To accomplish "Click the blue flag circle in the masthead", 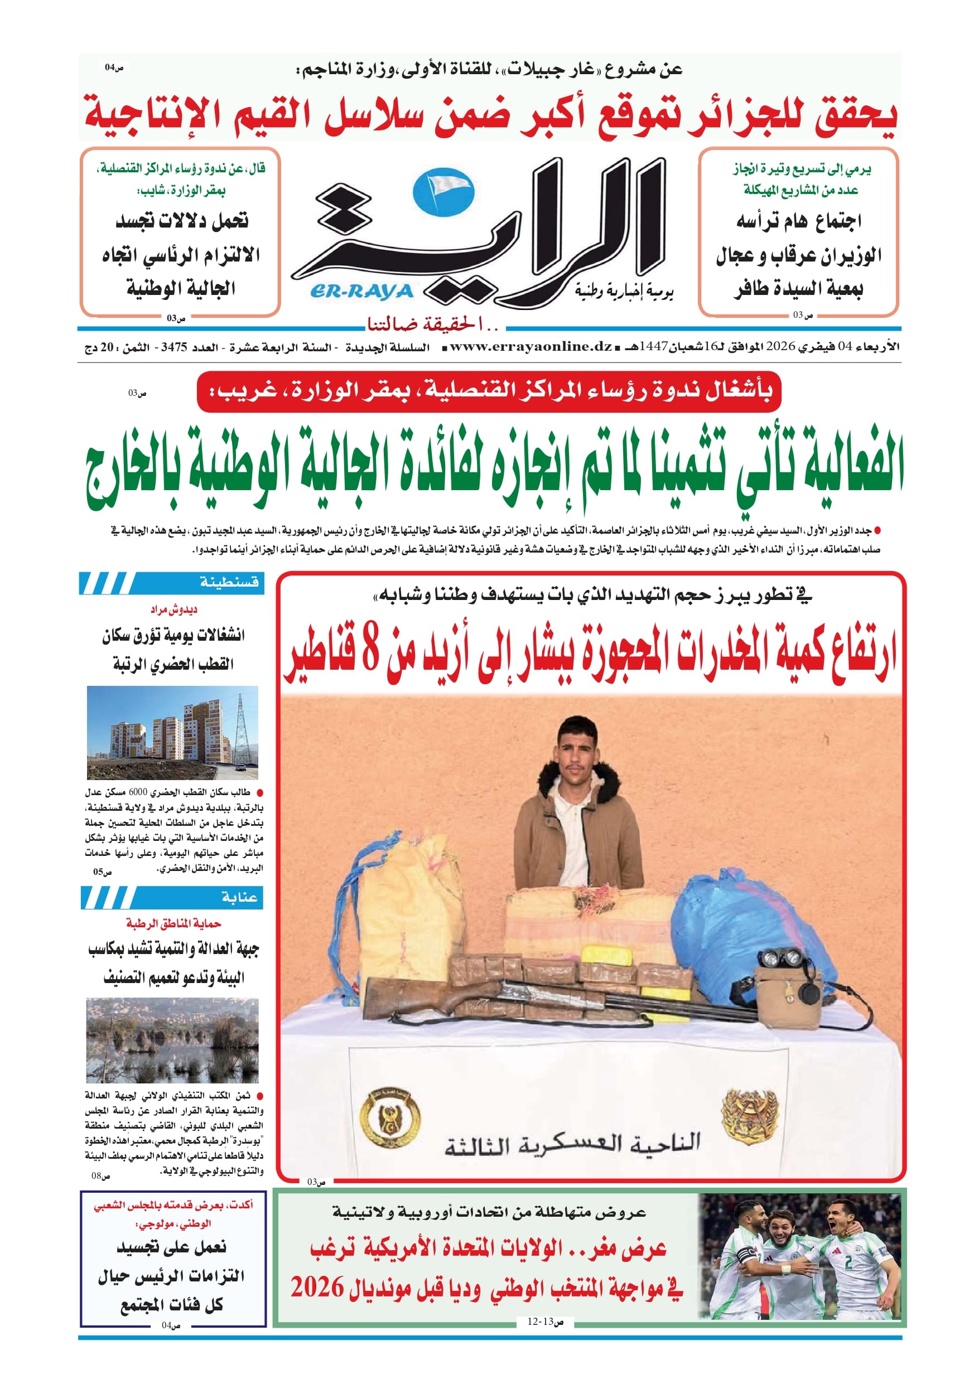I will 443,192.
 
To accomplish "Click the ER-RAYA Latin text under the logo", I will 362,292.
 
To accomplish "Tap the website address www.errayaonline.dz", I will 531,347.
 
